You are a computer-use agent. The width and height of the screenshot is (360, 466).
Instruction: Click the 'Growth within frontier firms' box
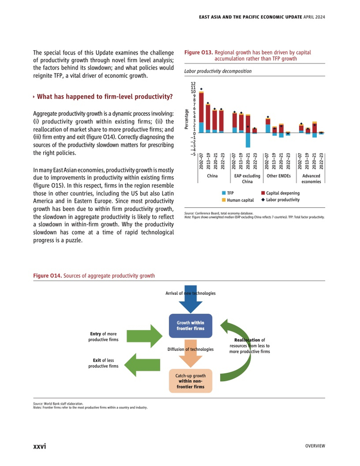pyautogui.click(x=190, y=326)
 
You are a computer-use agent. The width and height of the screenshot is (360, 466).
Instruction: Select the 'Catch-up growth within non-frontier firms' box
pyautogui.click(x=190, y=381)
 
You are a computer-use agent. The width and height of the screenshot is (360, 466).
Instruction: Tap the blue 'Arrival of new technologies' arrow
pyautogui.click(x=190, y=300)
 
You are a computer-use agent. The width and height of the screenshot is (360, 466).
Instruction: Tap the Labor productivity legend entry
pyautogui.click(x=280, y=199)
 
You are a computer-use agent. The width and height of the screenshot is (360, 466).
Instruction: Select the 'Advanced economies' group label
pyautogui.click(x=311, y=178)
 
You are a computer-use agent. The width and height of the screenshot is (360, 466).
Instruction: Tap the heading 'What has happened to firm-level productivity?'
pyautogui.click(x=104, y=97)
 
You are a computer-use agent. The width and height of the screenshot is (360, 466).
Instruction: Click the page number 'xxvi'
pyautogui.click(x=40, y=445)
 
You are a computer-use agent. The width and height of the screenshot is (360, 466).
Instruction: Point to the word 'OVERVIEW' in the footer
pyautogui.click(x=315, y=445)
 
